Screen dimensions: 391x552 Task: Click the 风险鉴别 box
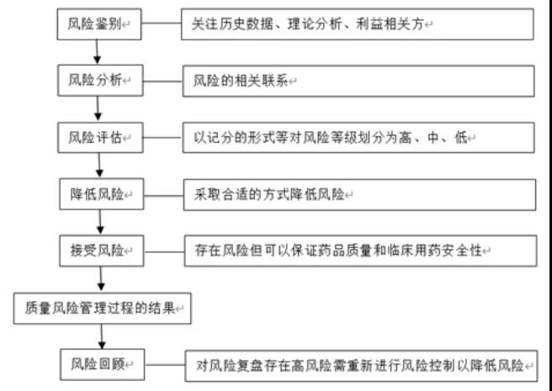[99, 25]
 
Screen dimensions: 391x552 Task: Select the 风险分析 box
[99, 81]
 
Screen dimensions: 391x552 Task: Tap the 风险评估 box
[99, 136]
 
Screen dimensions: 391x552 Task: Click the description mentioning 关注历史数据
[358, 25]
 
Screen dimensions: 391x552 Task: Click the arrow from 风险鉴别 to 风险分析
[98, 53]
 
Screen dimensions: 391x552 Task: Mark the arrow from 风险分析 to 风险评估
[99, 108]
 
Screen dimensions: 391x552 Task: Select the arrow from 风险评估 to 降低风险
[100, 165]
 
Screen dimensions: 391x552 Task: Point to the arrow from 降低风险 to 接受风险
[101, 221]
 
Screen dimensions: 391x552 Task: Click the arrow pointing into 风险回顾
[102, 336]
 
